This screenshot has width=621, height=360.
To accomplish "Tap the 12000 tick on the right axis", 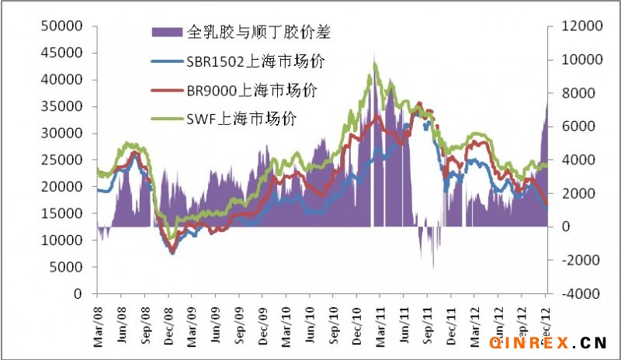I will [x=571, y=26].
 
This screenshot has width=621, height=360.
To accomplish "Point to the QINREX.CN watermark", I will [x=548, y=341].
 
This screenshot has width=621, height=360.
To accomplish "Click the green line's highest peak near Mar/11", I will [x=376, y=64].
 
